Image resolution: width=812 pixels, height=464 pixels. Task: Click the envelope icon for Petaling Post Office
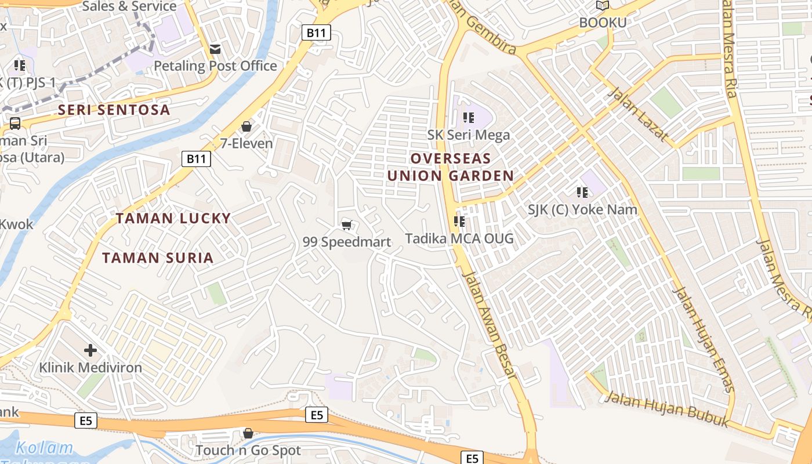[x=215, y=49]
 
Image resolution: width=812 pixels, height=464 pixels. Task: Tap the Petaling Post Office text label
[x=215, y=66]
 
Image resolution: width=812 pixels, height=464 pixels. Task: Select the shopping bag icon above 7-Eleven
[x=246, y=126]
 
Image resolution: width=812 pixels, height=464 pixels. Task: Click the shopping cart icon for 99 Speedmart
[x=347, y=225]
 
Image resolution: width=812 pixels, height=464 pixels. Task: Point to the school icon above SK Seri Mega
[x=469, y=118]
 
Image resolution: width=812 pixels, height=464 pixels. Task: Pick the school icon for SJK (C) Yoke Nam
[x=582, y=192]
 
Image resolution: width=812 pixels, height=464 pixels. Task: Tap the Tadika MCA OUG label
[x=459, y=238]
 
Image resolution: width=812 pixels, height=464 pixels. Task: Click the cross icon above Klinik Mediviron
[x=90, y=350]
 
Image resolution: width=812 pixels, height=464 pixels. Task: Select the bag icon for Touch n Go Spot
[x=248, y=433]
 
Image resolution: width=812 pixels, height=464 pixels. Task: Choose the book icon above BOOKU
[x=603, y=6]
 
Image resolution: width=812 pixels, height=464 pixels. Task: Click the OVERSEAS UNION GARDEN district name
[x=451, y=167]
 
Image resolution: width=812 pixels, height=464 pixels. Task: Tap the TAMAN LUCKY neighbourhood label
[x=173, y=219]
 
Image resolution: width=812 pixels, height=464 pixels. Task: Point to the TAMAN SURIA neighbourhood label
[x=158, y=258]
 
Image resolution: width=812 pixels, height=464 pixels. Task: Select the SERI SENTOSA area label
[x=114, y=110]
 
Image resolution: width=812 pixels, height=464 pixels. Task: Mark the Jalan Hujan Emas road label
[x=704, y=340]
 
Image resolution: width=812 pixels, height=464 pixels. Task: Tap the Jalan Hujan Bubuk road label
[x=666, y=409]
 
